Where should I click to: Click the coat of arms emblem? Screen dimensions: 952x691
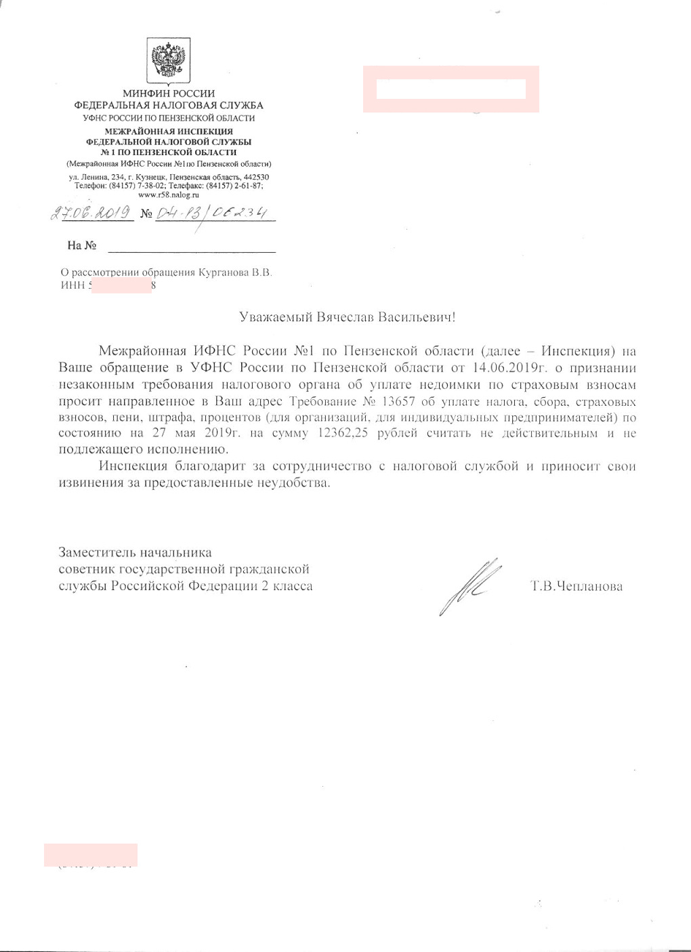pyautogui.click(x=169, y=61)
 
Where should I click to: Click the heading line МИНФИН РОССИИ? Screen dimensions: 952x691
pyautogui.click(x=169, y=94)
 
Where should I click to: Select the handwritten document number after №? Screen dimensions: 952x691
pyautogui.click(x=211, y=213)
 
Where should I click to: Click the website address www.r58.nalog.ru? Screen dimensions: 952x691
pyautogui.click(x=169, y=194)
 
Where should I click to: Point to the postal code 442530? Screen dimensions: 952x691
pyautogui.click(x=256, y=178)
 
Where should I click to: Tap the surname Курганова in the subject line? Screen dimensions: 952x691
pyautogui.click(x=223, y=272)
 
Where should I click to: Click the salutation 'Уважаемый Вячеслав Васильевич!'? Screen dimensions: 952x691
pyautogui.click(x=348, y=317)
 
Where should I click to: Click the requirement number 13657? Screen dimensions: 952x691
pyautogui.click(x=398, y=400)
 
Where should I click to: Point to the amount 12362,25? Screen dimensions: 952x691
pyautogui.click(x=342, y=434)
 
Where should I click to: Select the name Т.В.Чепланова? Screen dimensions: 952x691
pyautogui.click(x=577, y=587)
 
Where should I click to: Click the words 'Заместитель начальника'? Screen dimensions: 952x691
pyautogui.click(x=135, y=553)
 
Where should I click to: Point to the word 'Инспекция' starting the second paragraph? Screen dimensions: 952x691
pyautogui.click(x=133, y=466)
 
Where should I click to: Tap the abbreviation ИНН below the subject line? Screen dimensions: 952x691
pyautogui.click(x=72, y=285)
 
